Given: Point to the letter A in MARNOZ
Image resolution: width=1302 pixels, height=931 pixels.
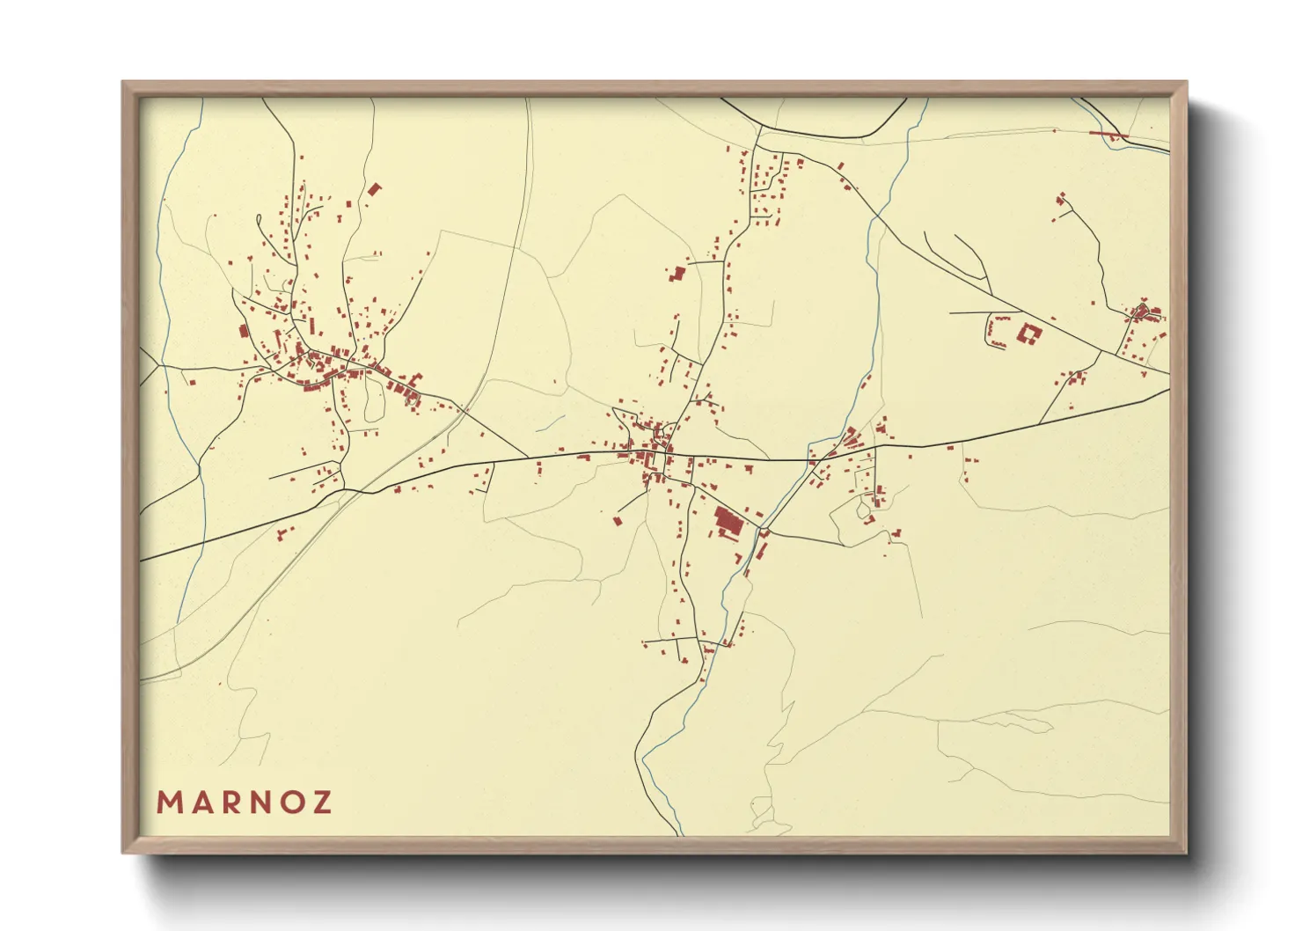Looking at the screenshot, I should click(200, 803).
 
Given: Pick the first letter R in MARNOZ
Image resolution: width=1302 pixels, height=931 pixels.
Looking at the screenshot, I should click(230, 803).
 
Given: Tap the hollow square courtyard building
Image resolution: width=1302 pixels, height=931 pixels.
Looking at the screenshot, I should click(1028, 334).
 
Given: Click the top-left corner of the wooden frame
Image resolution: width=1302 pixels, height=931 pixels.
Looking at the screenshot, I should click(123, 83).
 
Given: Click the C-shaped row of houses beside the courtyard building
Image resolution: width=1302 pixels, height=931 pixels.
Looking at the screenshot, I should click(994, 332).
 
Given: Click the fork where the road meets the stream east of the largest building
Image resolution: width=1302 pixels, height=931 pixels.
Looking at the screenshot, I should click(763, 531).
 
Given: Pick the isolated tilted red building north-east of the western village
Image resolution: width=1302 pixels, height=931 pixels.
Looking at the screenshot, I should click(376, 188).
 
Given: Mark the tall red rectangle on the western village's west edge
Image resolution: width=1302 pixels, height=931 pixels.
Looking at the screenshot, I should click(244, 331).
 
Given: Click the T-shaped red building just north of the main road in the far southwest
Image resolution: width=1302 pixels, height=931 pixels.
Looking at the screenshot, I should click(282, 532).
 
